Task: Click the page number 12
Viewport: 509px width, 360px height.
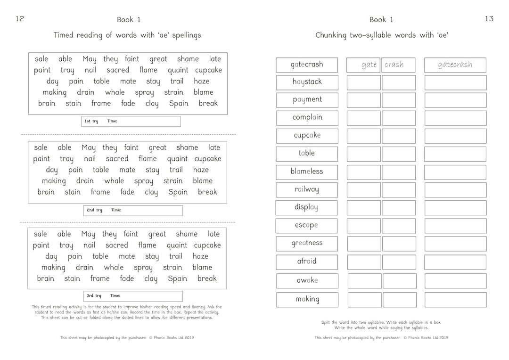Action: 20,19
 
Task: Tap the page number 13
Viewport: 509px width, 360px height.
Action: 489,19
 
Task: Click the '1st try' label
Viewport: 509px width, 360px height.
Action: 91,122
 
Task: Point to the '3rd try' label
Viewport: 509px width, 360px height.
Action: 93,296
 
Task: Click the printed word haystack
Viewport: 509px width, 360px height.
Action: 307,82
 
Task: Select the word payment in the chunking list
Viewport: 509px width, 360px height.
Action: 307,100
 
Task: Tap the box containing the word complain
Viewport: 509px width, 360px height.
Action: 307,118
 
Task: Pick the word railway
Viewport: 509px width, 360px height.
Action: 307,189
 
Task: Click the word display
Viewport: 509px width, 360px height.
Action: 306,207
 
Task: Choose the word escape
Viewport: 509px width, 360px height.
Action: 306,225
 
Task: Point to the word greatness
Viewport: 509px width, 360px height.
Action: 307,243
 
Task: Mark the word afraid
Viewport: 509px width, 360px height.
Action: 307,262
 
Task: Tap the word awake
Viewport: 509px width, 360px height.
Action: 307,280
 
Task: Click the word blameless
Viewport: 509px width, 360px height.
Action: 307,172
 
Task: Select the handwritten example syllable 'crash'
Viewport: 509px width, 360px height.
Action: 394,65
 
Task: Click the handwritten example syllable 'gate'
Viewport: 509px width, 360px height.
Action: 369,65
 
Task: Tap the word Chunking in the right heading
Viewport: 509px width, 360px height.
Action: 333,35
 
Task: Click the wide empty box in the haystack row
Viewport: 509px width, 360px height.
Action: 455,82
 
